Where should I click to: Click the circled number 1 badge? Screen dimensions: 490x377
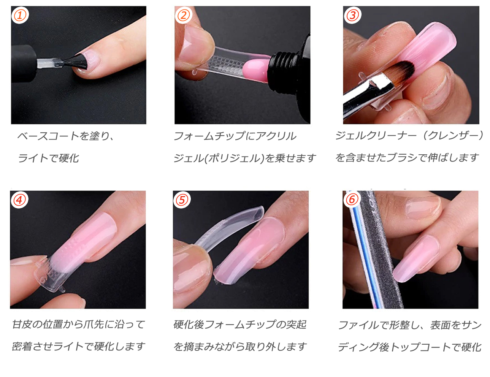(20, 15)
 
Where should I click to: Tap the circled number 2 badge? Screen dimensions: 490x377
(183, 15)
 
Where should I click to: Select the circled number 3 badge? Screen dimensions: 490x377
(352, 15)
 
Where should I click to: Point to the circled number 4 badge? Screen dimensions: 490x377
(19, 200)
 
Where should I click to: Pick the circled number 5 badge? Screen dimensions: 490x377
(182, 200)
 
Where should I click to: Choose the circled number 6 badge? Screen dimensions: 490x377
(352, 200)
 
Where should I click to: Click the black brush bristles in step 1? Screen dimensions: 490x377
(76, 61)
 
